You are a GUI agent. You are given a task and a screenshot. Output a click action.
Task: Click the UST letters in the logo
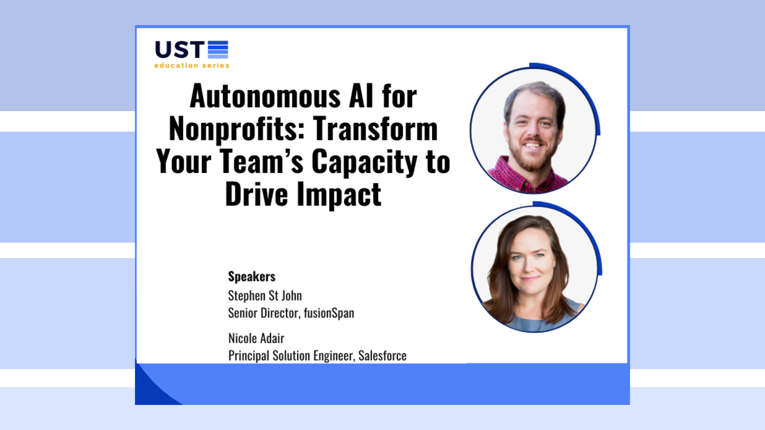tap(179, 50)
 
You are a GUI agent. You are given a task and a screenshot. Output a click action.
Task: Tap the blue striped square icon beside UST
tap(218, 49)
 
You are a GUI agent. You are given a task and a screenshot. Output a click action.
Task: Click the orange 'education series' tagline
tap(192, 65)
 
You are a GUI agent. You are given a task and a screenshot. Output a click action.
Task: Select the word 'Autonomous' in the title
tap(265, 97)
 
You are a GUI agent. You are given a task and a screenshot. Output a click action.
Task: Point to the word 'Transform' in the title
tap(375, 129)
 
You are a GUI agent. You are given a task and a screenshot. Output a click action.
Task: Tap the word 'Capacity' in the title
tap(364, 162)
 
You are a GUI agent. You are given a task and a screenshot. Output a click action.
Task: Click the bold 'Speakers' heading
tap(251, 277)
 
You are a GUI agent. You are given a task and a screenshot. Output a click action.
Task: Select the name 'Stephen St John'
tap(265, 296)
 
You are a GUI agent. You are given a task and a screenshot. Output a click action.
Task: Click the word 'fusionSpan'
tap(329, 313)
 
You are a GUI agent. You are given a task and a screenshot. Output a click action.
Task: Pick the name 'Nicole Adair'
tap(256, 338)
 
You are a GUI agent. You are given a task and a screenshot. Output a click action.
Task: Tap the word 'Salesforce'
tap(382, 356)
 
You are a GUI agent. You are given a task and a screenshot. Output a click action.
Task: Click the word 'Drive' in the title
tap(257, 195)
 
